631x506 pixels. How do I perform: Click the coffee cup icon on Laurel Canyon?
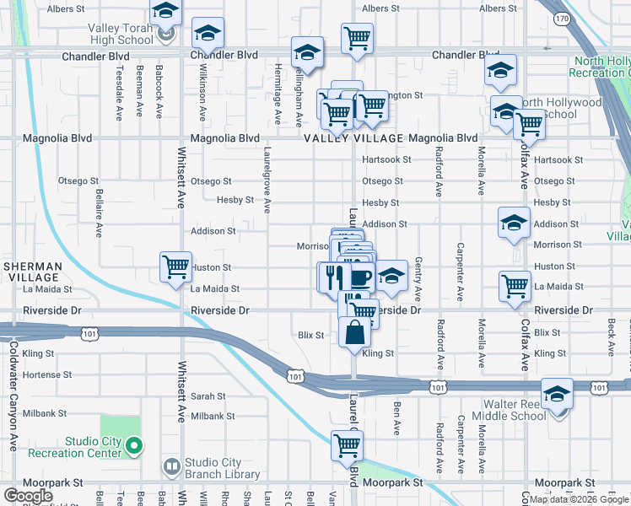[359, 277]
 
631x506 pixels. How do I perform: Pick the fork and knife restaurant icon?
[332, 276]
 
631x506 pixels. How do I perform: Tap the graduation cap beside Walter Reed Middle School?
[558, 395]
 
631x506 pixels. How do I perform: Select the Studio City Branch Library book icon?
[172, 466]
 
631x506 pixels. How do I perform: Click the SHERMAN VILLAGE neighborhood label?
[33, 272]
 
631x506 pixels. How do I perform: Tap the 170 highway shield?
[562, 18]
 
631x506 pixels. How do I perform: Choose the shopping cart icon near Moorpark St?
[348, 445]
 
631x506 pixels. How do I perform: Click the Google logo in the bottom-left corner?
[28, 495]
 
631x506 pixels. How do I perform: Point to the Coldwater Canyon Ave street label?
[13, 396]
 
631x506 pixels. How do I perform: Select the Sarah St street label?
[208, 396]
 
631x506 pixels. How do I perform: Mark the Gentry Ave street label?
[418, 281]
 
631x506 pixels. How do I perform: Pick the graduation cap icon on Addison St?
[514, 223]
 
